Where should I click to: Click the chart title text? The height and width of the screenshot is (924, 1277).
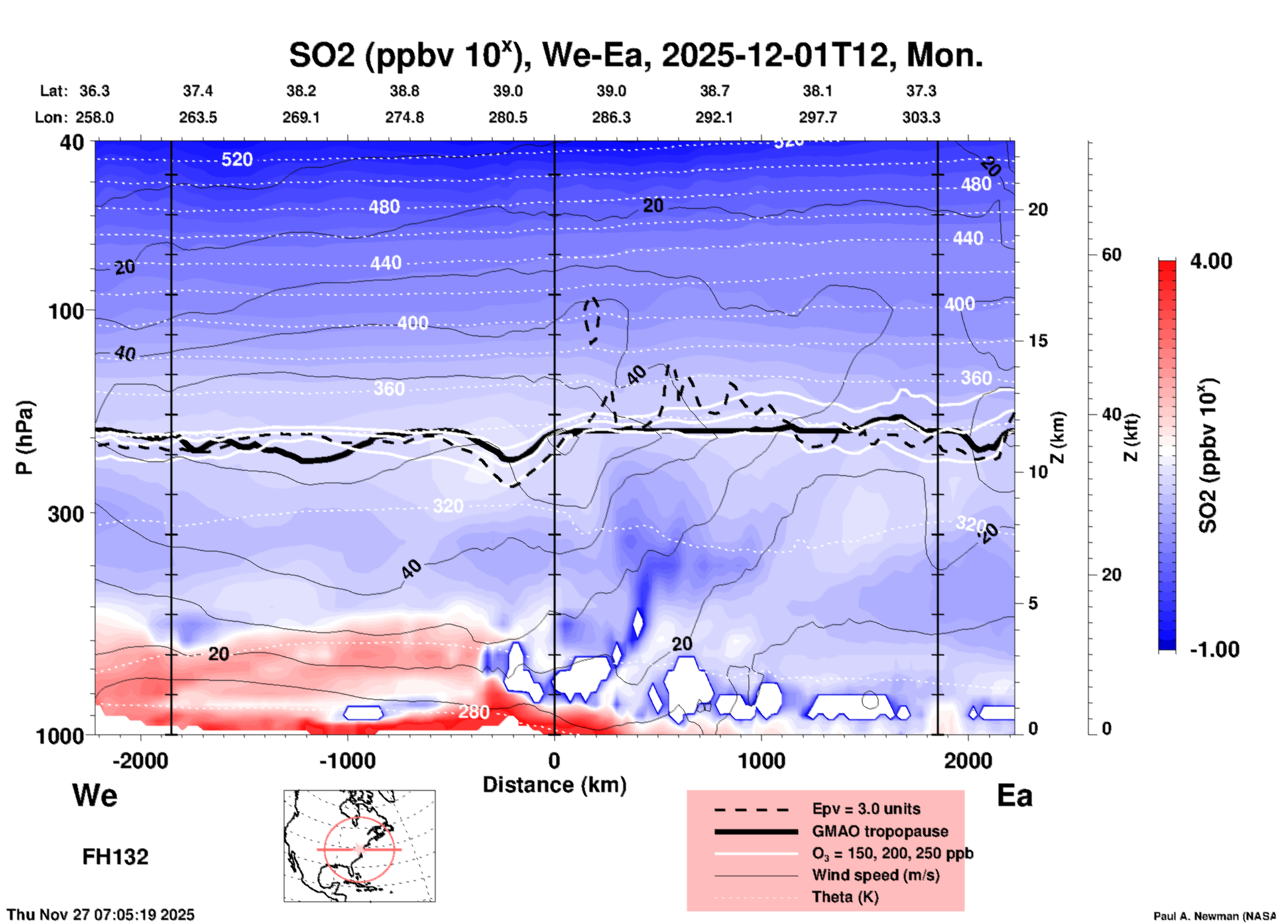[635, 55]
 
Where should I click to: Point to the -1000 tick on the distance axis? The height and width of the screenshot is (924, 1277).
[347, 761]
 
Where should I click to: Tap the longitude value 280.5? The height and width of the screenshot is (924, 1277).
[508, 117]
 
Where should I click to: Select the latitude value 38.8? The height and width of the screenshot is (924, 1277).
[404, 91]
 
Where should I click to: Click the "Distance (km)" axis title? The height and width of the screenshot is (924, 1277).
[554, 785]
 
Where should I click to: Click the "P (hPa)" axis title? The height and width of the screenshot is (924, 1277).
[25, 437]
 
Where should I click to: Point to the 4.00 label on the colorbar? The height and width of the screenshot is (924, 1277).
[1211, 261]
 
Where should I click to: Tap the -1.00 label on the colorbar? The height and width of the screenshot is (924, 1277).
[1214, 650]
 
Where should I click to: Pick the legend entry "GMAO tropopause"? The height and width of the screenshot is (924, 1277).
[880, 831]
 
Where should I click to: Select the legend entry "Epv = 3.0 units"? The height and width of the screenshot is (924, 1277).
[866, 809]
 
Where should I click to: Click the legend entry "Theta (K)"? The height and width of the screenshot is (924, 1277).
[845, 897]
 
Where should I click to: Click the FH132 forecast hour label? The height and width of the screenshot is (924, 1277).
[115, 857]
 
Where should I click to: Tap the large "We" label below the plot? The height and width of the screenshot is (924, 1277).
[95, 795]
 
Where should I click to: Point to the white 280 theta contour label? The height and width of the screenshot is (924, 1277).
[473, 712]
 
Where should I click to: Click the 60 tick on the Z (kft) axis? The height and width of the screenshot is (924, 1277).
[1111, 255]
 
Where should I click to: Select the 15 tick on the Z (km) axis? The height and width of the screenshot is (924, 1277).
[1038, 341]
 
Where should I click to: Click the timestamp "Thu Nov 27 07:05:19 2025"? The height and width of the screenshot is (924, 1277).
[101, 915]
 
